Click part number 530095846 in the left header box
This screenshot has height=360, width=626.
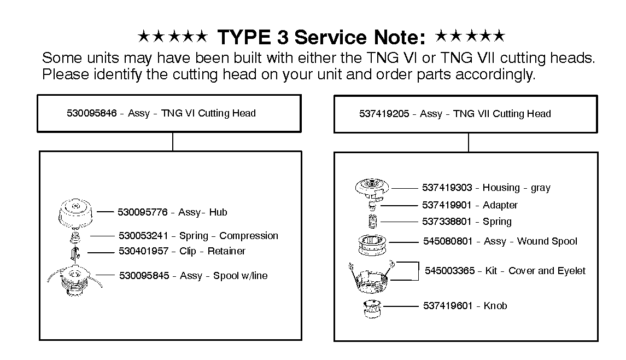(x=91, y=113)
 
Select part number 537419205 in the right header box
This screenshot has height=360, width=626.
(x=384, y=113)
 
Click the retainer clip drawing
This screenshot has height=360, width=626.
(x=75, y=253)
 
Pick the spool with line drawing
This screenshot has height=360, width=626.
(x=75, y=281)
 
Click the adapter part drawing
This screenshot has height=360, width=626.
(x=372, y=206)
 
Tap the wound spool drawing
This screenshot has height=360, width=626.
(x=372, y=244)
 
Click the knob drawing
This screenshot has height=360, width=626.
(x=372, y=308)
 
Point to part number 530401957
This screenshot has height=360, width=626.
(x=144, y=251)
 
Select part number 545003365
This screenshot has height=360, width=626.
(x=449, y=270)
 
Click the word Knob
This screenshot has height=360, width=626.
(x=495, y=306)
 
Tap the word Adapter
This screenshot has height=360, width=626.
(x=500, y=205)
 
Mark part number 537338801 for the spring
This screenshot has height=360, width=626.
(x=447, y=222)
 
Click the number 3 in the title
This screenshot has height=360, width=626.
(x=282, y=37)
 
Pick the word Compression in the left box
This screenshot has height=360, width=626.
(x=249, y=236)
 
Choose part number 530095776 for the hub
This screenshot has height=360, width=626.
(x=143, y=212)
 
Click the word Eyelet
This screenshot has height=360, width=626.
(x=571, y=271)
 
